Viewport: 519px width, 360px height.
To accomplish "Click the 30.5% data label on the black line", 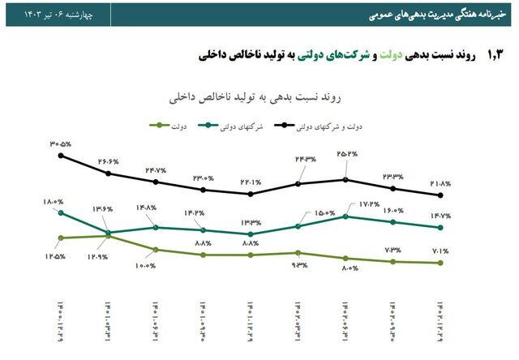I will point(60,143).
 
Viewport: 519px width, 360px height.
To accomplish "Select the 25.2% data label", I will point(346,154).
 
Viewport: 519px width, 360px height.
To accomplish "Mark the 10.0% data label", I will point(146,265).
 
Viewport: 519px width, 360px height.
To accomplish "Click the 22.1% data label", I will point(250,182).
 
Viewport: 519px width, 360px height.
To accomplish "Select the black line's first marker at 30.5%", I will point(61,156).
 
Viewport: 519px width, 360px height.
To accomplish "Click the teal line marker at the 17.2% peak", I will point(346,216).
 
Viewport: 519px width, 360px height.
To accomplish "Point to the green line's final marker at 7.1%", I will point(441,263).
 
